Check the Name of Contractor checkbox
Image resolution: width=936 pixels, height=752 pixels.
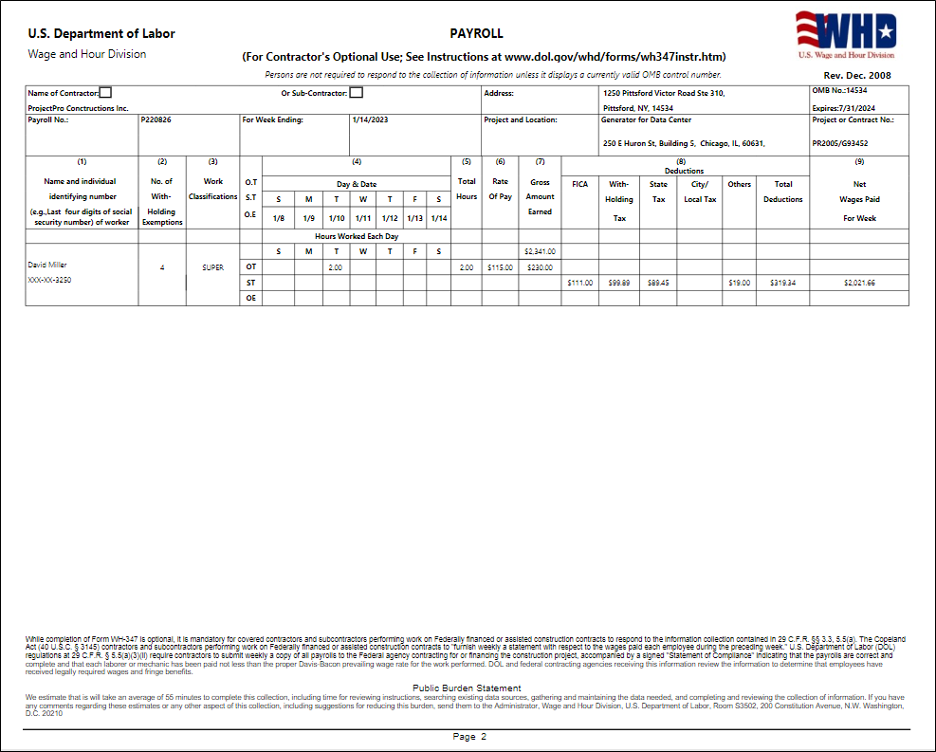[105, 93]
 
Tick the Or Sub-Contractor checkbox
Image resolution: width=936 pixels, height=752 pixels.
[357, 93]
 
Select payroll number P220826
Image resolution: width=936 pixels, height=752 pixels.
[156, 120]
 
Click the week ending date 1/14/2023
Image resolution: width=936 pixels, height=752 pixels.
[370, 120]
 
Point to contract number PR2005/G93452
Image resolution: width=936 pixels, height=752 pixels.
[840, 144]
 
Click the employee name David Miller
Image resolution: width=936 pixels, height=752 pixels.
[47, 265]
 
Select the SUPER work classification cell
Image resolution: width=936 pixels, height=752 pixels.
[213, 267]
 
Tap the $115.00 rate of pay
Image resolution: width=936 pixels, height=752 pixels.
[500, 267]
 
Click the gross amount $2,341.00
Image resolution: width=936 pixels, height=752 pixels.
[540, 252]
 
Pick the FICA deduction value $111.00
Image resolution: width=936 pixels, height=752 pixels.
[580, 283]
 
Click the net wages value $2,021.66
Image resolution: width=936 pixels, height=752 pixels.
[859, 283]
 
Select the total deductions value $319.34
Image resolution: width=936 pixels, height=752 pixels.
[783, 283]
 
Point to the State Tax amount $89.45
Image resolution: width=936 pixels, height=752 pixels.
[658, 283]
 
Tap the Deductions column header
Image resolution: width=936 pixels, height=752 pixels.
[685, 171]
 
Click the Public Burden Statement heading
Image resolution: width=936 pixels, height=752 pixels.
[467, 688]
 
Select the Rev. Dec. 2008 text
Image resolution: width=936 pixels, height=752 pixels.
[857, 75]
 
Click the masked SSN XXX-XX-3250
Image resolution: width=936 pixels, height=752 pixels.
[49, 281]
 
